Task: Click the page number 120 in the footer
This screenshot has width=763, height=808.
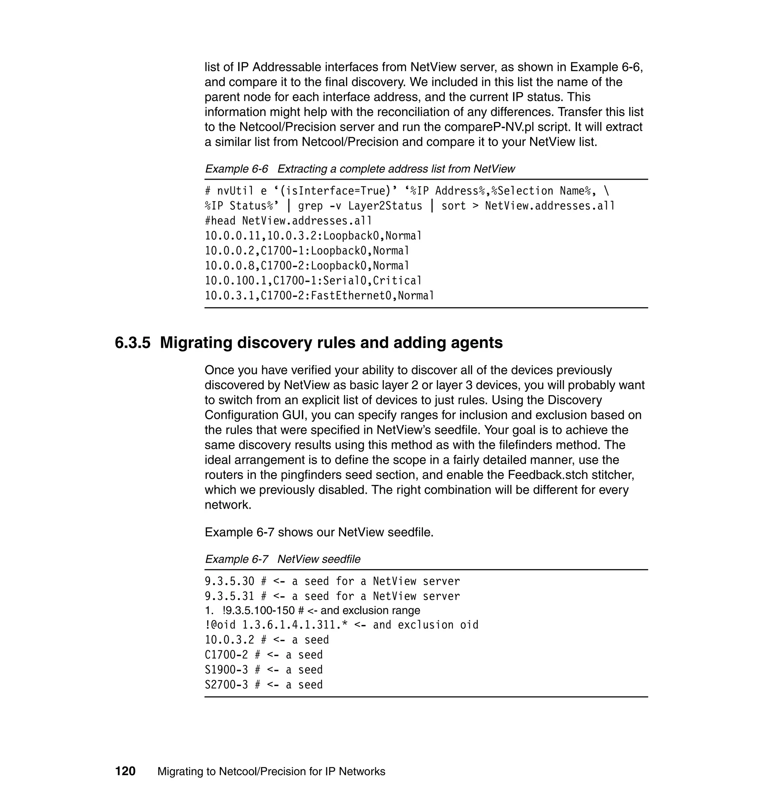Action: pos(125,771)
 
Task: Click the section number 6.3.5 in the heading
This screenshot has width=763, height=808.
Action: pos(132,343)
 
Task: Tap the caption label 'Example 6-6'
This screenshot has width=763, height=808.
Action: pos(236,169)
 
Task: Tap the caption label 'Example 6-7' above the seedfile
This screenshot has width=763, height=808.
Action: pos(236,559)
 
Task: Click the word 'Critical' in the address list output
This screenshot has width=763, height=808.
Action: pos(397,281)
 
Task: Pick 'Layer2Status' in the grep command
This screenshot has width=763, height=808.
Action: pos(385,206)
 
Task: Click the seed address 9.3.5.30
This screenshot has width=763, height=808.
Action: pos(229,581)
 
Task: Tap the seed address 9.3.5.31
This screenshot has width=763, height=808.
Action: pos(229,596)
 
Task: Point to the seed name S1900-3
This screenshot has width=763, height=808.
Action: pos(226,670)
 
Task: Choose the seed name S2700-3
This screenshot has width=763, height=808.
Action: pos(226,685)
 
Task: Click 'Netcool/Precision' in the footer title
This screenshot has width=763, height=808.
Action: pos(270,771)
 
